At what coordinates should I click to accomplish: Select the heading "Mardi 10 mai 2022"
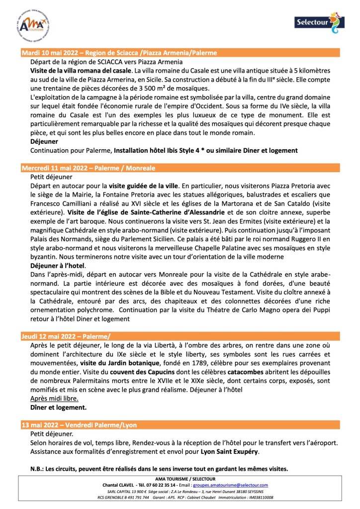pos(54,53)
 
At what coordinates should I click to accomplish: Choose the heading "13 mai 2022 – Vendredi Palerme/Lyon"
pos(79,425)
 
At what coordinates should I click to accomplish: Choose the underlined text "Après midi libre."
pos(54,399)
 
